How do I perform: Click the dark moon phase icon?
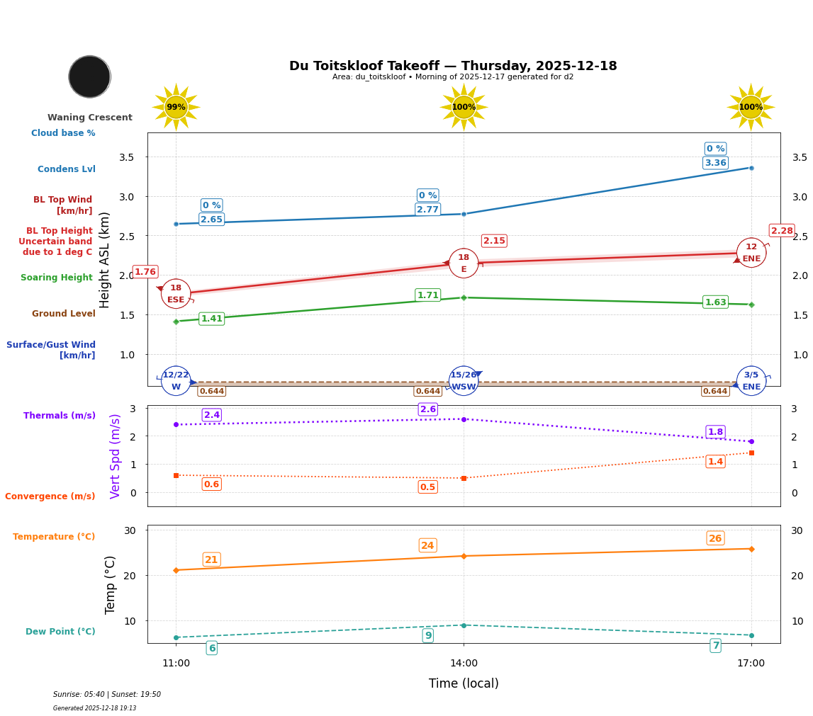tap(89, 76)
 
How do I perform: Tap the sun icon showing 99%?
tap(176, 108)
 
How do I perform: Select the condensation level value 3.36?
tap(715, 163)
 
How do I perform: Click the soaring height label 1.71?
tap(428, 295)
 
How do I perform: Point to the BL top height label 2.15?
tap(494, 241)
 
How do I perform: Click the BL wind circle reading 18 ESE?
tap(176, 294)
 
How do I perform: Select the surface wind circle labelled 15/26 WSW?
tap(464, 381)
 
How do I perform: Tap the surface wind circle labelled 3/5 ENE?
tap(751, 381)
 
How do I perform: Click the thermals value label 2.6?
tap(428, 409)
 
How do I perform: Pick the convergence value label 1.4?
tap(715, 462)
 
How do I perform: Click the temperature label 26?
tap(715, 538)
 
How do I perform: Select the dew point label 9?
tap(428, 636)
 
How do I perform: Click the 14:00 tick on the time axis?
tap(464, 664)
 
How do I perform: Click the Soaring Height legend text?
tap(57, 278)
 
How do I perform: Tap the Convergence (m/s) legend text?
tap(50, 496)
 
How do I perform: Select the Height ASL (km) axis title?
tap(105, 260)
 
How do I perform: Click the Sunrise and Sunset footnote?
tap(107, 695)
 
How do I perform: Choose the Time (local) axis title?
tap(464, 683)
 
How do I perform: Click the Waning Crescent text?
tap(90, 118)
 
